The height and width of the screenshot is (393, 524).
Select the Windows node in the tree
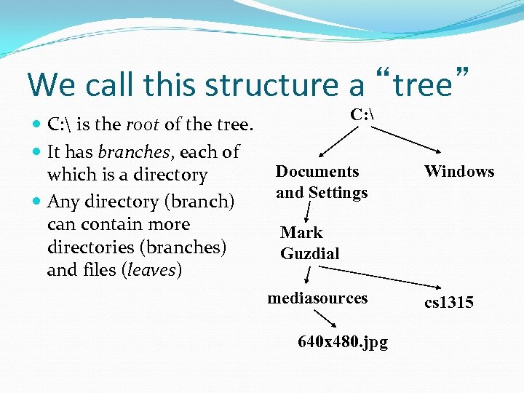click(459, 172)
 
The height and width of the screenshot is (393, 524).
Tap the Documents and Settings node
click(321, 182)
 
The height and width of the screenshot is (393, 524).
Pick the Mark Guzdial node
click(309, 242)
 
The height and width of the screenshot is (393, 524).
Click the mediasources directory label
click(317, 298)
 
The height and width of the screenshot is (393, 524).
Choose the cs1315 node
click(449, 302)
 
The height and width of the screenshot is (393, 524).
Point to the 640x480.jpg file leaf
click(343, 341)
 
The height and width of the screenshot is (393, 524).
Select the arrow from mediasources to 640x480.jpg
click(325, 319)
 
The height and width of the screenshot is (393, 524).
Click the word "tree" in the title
click(422, 84)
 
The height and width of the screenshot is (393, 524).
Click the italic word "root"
click(143, 124)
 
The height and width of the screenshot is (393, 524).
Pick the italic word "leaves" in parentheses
click(152, 270)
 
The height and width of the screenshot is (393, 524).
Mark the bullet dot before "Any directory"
click(37, 202)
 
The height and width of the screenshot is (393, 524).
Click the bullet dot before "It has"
click(37, 152)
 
